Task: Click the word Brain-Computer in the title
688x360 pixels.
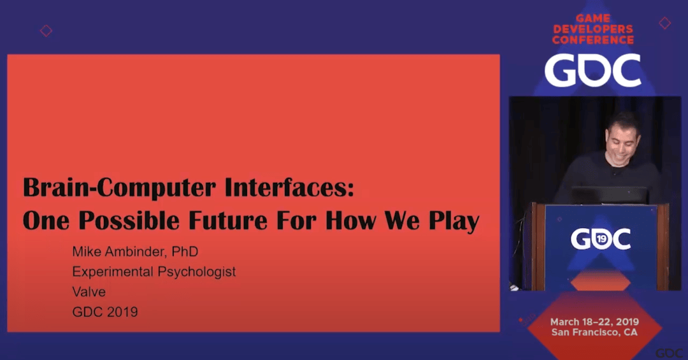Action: [119, 187]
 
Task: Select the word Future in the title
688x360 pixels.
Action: [227, 220]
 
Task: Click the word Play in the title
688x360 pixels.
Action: [454, 221]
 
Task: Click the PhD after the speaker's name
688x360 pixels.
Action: [185, 252]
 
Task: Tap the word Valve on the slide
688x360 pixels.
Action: [89, 292]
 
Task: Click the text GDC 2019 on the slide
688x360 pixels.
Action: [105, 312]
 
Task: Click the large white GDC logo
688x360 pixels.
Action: [593, 71]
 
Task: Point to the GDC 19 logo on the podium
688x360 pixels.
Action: [601, 239]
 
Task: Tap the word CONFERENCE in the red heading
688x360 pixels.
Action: [593, 40]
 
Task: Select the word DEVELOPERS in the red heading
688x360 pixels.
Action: [593, 29]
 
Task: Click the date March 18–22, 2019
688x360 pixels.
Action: [594, 322]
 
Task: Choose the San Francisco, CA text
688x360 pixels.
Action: [594, 333]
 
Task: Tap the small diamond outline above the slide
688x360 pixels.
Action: [46, 31]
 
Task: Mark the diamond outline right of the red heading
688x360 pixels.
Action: [664, 23]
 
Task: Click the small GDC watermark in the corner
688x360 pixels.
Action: [669, 354]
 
